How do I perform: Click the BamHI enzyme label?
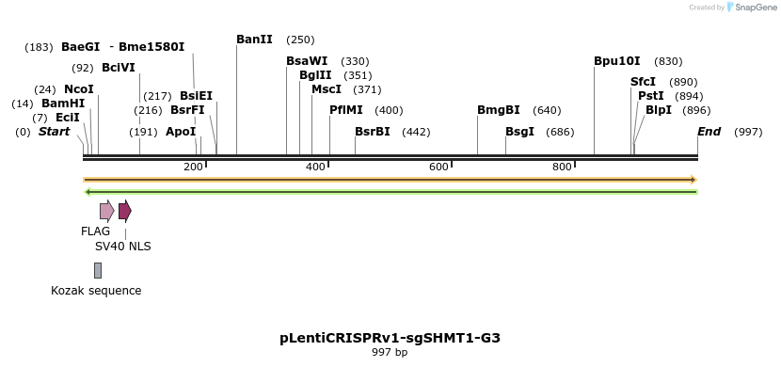[63, 104]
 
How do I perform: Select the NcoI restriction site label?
[79, 89]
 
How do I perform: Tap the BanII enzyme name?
[254, 40]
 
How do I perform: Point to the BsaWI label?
[307, 61]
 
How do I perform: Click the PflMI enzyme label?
[345, 110]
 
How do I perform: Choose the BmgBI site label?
[498, 110]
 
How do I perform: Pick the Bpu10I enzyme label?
[616, 61]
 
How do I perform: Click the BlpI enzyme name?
[659, 110]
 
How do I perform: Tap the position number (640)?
[547, 110]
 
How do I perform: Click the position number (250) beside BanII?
[300, 40]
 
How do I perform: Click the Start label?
[54, 132]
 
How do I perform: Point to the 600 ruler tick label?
[438, 167]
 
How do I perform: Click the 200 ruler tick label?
[193, 167]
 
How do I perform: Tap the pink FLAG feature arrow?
[107, 210]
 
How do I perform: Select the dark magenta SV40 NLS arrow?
[125, 210]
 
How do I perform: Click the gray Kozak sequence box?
[98, 270]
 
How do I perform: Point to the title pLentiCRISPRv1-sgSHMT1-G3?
[390, 337]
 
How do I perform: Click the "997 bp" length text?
[390, 352]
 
